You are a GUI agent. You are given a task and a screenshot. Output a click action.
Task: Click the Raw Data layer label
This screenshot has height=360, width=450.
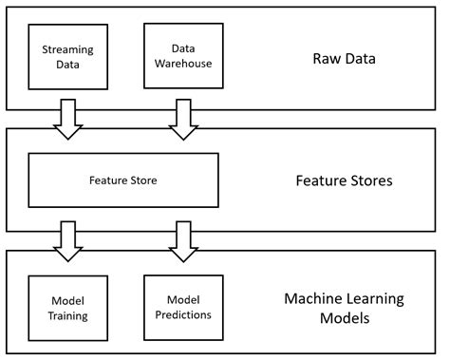(x=345, y=58)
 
